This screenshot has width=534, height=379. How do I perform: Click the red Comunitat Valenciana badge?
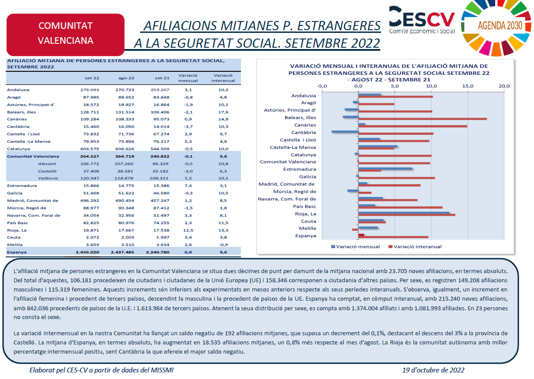click(66, 35)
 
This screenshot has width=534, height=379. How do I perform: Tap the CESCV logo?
click(422, 20)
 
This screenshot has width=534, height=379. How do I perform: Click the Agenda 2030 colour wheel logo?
click(497, 28)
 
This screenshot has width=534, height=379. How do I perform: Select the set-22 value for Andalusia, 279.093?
click(90, 90)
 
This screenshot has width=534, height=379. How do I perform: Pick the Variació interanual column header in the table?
click(223, 78)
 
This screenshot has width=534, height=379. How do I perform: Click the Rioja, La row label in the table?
click(17, 230)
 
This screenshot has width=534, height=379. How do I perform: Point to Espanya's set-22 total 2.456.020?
click(88, 252)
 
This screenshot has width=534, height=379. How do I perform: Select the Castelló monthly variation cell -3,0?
click(188, 171)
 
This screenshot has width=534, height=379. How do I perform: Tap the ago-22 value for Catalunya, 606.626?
click(125, 149)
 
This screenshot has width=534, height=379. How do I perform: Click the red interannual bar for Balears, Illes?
click(423, 119)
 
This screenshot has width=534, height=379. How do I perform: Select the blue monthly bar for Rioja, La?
click(404, 213)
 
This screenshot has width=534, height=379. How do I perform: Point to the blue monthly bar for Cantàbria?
click(345, 131)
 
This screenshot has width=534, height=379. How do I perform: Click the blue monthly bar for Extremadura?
click(385, 168)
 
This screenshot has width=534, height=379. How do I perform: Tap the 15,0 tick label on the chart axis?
click(468, 86)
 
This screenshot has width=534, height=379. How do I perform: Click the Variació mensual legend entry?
click(355, 247)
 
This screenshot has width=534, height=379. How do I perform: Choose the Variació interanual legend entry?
click(415, 247)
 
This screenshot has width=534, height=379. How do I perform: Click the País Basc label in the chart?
click(304, 207)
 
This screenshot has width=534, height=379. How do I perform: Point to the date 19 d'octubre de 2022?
click(433, 370)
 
